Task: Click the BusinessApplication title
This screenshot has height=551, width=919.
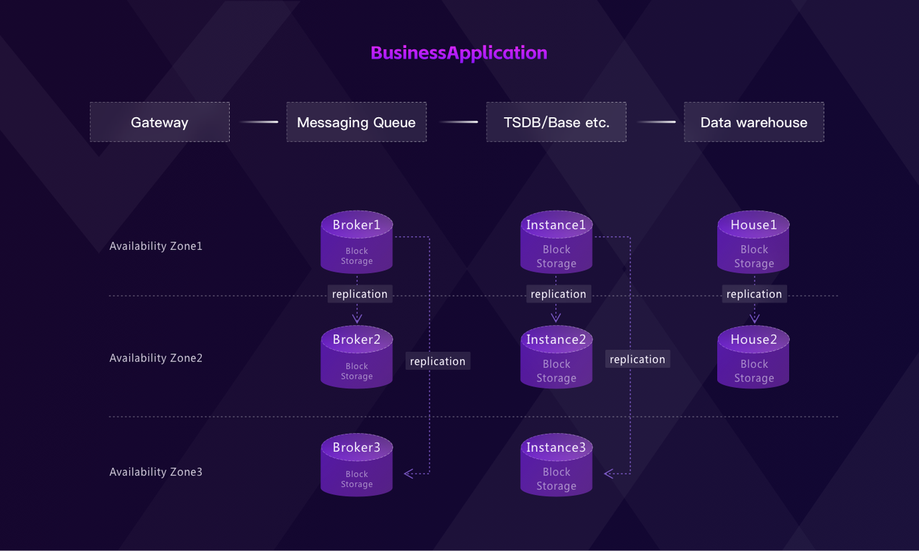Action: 459,52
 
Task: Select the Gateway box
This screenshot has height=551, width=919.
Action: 159,122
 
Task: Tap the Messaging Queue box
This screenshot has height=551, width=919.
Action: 356,122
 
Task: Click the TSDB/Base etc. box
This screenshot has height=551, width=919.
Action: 556,122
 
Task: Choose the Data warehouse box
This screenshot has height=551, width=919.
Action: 754,122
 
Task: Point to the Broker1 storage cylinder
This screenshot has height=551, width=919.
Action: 357,242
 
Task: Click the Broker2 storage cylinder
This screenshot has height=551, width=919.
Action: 357,357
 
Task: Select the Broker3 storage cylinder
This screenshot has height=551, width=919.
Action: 357,465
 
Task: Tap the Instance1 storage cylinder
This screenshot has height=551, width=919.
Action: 556,242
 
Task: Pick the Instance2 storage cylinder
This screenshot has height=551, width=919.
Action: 556,357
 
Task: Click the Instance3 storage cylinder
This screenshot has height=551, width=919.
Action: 556,465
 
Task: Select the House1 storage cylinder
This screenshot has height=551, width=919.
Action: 754,242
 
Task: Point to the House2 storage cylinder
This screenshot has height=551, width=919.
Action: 754,357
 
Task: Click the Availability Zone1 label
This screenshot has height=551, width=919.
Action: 156,246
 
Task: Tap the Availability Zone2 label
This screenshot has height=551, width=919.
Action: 156,358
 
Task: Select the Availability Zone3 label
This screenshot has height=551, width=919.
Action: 156,472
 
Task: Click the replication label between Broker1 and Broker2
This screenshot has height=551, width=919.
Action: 360,294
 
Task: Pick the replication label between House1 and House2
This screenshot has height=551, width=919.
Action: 754,294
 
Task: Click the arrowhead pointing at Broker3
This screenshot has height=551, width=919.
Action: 409,473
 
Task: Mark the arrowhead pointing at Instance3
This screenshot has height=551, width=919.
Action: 609,473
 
